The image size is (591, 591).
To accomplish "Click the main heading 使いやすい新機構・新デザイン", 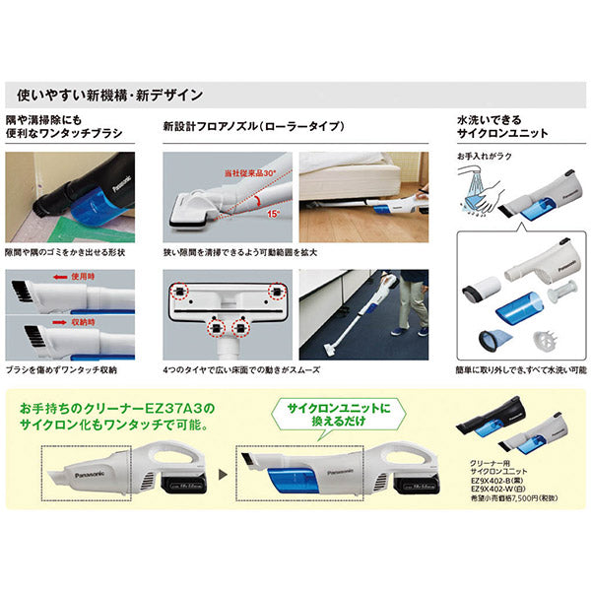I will click(110, 96).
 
